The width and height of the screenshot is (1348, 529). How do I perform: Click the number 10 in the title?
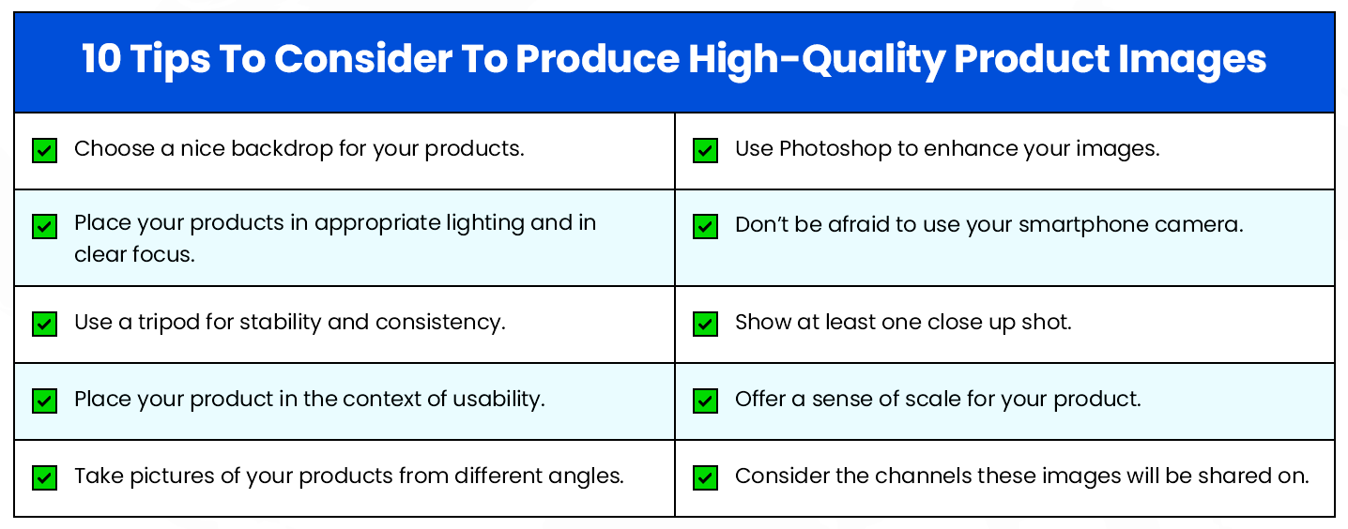point(100,60)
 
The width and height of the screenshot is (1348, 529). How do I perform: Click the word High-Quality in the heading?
point(816,60)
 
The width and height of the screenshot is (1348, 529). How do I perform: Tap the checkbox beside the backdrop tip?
point(44,150)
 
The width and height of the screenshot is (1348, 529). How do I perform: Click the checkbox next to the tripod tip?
point(44,324)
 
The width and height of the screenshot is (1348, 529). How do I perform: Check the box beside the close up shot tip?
point(705,324)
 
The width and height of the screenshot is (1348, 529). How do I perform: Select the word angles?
point(588,476)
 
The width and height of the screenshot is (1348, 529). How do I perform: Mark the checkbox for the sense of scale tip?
point(705,401)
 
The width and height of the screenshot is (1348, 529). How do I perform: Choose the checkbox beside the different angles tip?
point(44,477)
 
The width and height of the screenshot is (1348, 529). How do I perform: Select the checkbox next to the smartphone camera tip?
point(705,227)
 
